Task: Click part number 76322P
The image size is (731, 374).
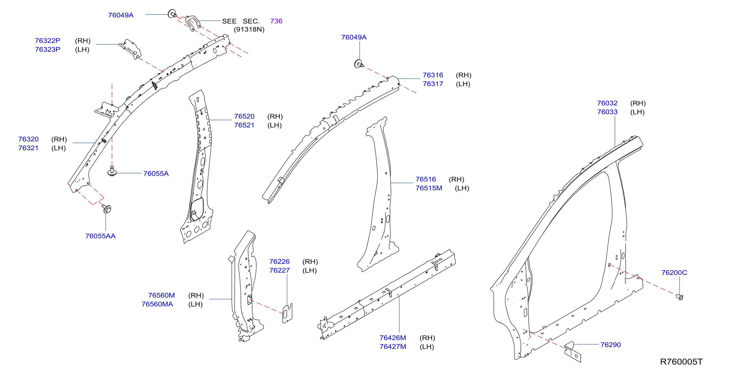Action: click(x=47, y=41)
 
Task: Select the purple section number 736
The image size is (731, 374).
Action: click(x=276, y=21)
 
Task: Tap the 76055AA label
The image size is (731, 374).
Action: click(x=100, y=236)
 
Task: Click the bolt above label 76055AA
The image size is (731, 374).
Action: click(x=107, y=209)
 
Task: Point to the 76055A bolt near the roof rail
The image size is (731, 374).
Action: click(x=112, y=171)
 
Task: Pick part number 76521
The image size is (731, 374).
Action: click(x=244, y=125)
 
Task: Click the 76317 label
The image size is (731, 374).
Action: click(x=433, y=84)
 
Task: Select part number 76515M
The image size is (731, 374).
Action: click(x=429, y=188)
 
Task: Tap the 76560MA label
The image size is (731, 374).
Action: click(x=157, y=304)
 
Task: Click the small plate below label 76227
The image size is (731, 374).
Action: click(x=287, y=313)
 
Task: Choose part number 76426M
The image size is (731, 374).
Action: click(x=393, y=338)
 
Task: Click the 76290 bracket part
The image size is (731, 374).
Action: click(x=573, y=352)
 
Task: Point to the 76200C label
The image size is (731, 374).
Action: click(x=674, y=272)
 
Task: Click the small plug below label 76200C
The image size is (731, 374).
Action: click(x=679, y=297)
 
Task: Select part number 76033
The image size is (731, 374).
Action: click(x=607, y=112)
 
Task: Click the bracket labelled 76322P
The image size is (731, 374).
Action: click(x=131, y=49)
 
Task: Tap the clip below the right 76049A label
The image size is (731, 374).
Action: click(x=359, y=64)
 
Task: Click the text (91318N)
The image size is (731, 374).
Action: click(x=249, y=29)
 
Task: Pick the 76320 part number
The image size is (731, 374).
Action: click(x=28, y=139)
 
